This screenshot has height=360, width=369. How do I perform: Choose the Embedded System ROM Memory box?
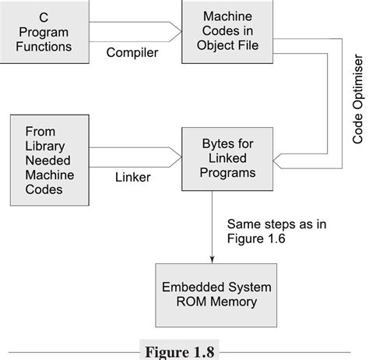pos(211,295)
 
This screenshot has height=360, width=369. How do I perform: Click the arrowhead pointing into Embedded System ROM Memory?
pos(212,259)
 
